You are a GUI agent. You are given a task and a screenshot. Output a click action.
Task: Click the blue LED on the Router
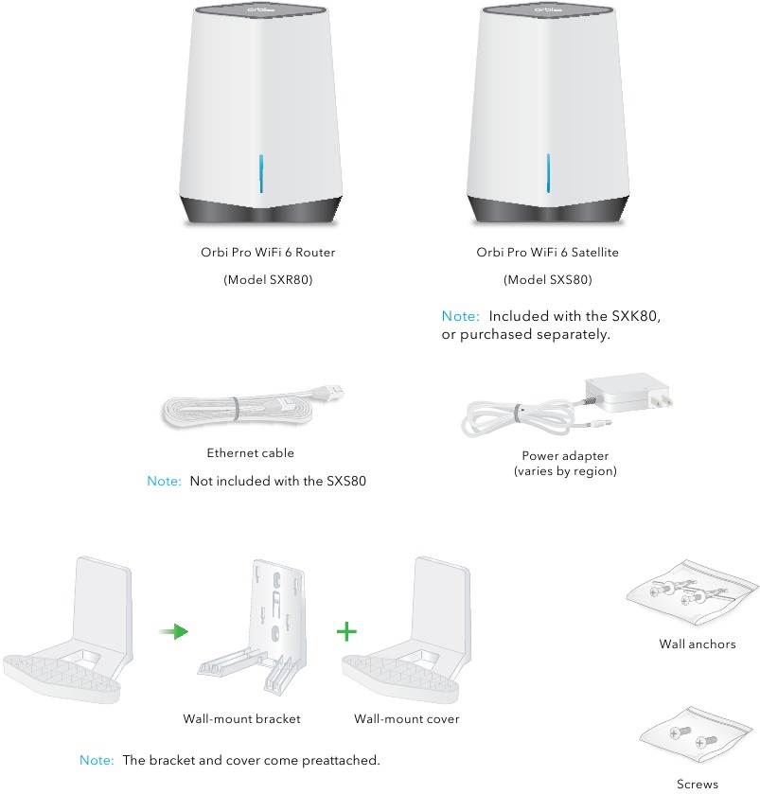261,172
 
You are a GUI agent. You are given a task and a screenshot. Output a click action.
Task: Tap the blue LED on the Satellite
547,172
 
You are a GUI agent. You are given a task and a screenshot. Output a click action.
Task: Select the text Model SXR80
268,280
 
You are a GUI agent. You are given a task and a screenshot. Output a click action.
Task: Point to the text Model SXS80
548,280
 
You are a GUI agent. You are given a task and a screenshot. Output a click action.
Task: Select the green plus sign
349,631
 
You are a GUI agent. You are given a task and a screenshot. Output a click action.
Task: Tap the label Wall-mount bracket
241,719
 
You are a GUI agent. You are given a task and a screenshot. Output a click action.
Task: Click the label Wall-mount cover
407,719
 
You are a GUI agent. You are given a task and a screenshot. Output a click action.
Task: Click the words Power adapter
565,455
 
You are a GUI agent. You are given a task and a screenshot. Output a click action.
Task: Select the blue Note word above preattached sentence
97,761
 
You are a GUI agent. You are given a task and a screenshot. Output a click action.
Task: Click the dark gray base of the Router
261,209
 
